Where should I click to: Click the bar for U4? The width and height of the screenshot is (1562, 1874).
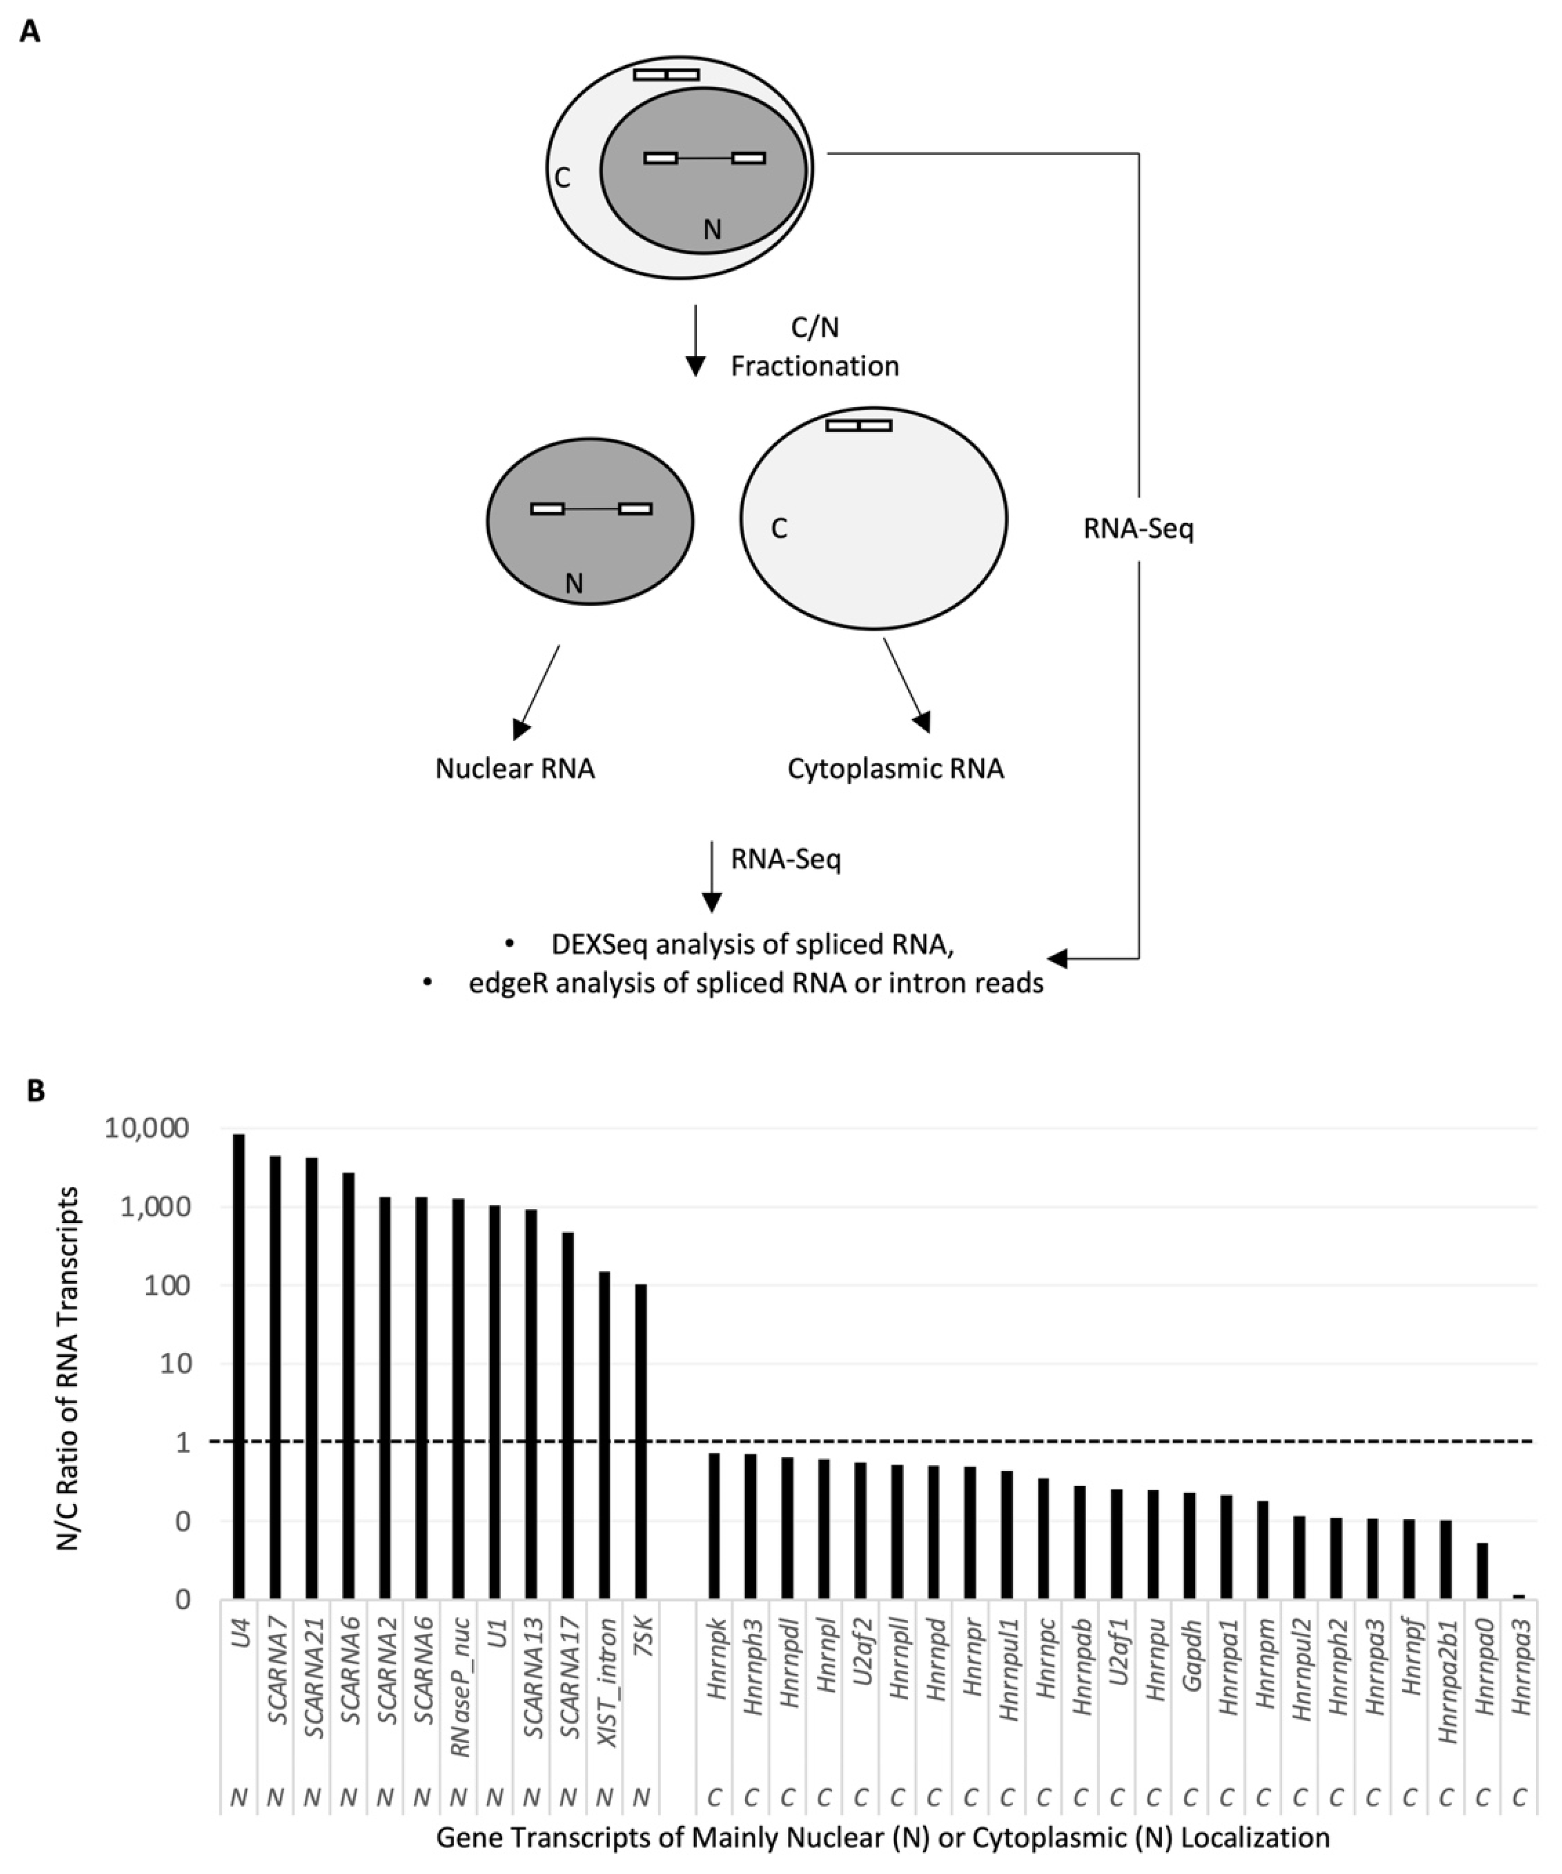point(238,1366)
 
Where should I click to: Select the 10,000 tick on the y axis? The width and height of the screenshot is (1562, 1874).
point(147,1129)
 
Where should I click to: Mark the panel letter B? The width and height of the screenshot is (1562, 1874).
point(36,1091)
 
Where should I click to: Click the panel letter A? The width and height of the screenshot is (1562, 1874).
point(30,33)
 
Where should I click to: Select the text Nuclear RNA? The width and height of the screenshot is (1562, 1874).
point(515,769)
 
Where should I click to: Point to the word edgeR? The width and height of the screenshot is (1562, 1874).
point(504,982)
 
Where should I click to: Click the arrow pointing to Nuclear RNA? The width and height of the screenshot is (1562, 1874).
point(535,692)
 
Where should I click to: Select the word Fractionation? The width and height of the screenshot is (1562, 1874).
point(815,366)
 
